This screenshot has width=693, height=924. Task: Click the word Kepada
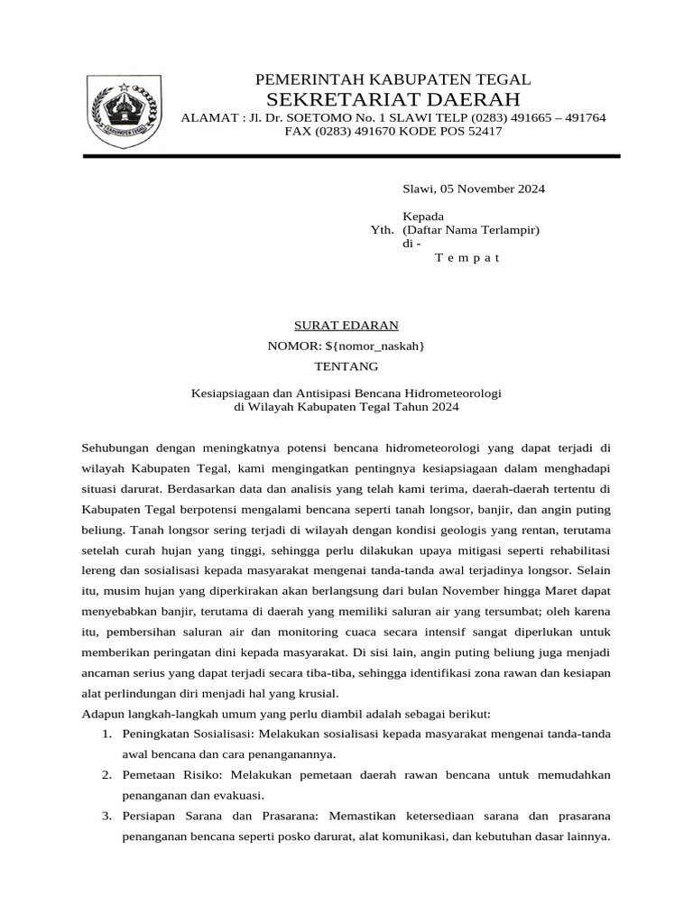(422, 217)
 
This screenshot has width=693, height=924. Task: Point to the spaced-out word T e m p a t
(467, 257)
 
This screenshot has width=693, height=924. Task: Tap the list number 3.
(106, 816)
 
